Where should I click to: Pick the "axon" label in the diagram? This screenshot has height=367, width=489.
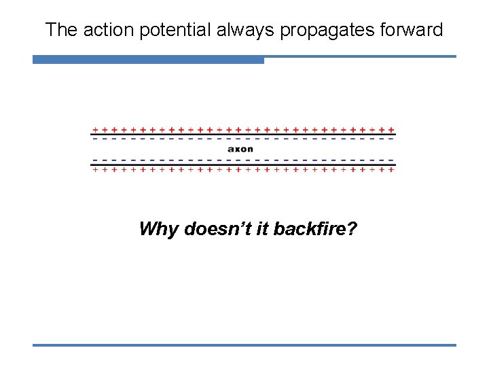pyautogui.click(x=240, y=149)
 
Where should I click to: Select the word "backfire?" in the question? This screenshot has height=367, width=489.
pyautogui.click(x=313, y=229)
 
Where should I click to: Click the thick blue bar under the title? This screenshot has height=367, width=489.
pyautogui.click(x=148, y=60)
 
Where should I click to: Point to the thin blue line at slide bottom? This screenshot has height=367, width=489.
pyautogui.click(x=244, y=345)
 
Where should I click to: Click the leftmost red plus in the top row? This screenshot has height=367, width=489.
pyautogui.click(x=95, y=129)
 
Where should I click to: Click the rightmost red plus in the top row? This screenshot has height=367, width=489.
pyautogui.click(x=393, y=129)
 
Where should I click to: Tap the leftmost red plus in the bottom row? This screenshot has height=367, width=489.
pyautogui.click(x=95, y=170)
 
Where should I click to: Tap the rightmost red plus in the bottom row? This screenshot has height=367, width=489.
pyautogui.click(x=393, y=170)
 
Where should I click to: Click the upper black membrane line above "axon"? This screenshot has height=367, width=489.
pyautogui.click(x=243, y=135)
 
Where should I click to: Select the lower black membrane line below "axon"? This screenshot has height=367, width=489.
pyautogui.click(x=243, y=164)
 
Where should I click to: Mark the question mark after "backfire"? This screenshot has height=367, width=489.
pyautogui.click(x=352, y=229)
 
